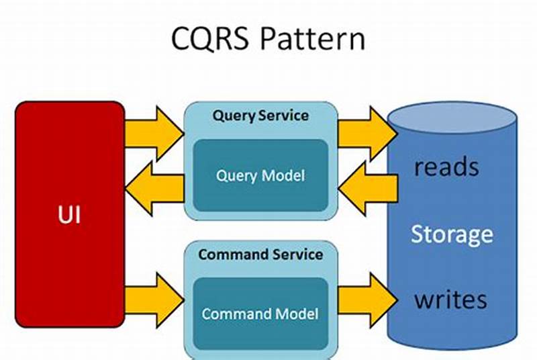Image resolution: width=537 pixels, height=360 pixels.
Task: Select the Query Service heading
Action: point(260,115)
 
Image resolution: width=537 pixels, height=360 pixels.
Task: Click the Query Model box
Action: point(260,176)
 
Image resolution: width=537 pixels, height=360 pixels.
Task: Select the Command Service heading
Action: point(260,255)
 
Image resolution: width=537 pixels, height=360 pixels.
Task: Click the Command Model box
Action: point(260,314)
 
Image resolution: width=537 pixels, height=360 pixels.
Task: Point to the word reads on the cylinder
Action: point(446,167)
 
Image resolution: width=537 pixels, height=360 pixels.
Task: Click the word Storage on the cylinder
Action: point(452,234)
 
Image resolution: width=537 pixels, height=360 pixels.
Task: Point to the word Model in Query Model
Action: point(285,176)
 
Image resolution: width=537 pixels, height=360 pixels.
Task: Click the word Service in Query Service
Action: point(285,115)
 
